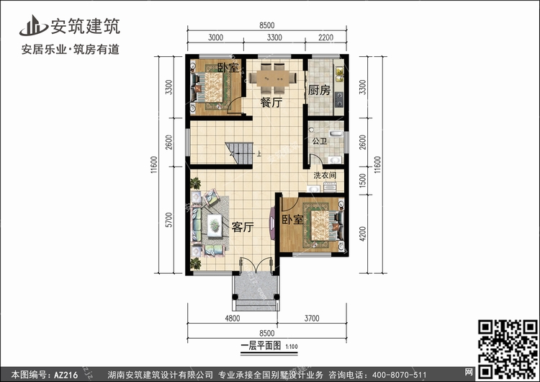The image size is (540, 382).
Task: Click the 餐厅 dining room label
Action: pyautogui.click(x=271, y=102)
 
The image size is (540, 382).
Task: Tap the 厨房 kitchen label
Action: pyautogui.click(x=319, y=90)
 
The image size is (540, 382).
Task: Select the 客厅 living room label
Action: pyautogui.click(x=243, y=227)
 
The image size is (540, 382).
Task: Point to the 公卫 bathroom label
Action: pyautogui.click(x=319, y=141)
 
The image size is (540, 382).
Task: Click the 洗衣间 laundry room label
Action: pyautogui.click(x=325, y=175)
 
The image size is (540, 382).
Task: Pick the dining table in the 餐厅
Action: pyautogui.click(x=273, y=79)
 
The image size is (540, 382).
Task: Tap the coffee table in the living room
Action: pyautogui.click(x=215, y=226)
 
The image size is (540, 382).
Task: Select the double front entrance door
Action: pyautogui.click(x=256, y=266)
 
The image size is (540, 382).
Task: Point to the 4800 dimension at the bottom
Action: pyautogui.click(x=233, y=319)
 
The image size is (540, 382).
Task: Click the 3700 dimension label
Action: pyautogui.click(x=312, y=319)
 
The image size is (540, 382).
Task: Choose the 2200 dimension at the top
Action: pyautogui.click(x=325, y=37)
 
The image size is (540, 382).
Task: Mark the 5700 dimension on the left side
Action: pyautogui.click(x=168, y=220)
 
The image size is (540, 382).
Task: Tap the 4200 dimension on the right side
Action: pyautogui.click(x=362, y=234)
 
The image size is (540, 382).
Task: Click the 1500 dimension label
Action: pyautogui.click(x=362, y=180)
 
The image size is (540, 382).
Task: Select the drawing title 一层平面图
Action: pyautogui.click(x=261, y=345)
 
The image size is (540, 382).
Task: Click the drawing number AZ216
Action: pyautogui.click(x=66, y=375)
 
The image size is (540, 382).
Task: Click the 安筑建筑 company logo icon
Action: pyautogui.click(x=33, y=25)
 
